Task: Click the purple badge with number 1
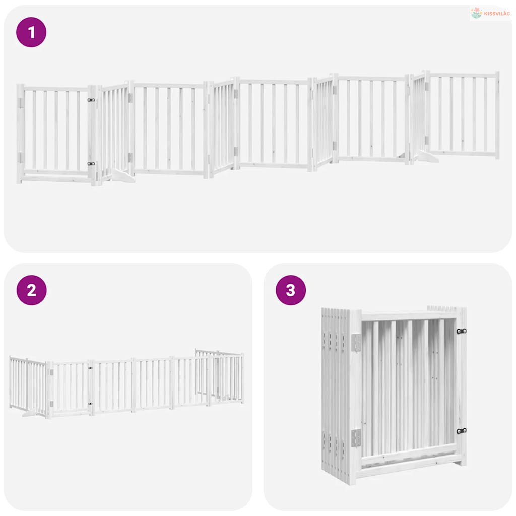pos(31,32)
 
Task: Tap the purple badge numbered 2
pos(32,290)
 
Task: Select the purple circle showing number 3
pos(291,290)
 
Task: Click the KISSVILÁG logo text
pos(497,14)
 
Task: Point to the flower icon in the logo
pos(476,13)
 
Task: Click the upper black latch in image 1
pos(91,100)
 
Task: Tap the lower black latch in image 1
pos(91,164)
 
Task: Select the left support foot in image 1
pos(123,176)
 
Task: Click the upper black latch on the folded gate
pos(462,331)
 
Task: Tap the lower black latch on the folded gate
pos(462,431)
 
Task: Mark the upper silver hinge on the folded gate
pos(356,342)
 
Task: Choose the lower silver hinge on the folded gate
pos(356,438)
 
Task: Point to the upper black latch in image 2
pos(90,368)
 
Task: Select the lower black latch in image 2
pos(90,404)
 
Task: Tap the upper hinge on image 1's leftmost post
pos(20,103)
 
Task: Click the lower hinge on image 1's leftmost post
pos(20,157)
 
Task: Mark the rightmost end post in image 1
pos(497,115)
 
